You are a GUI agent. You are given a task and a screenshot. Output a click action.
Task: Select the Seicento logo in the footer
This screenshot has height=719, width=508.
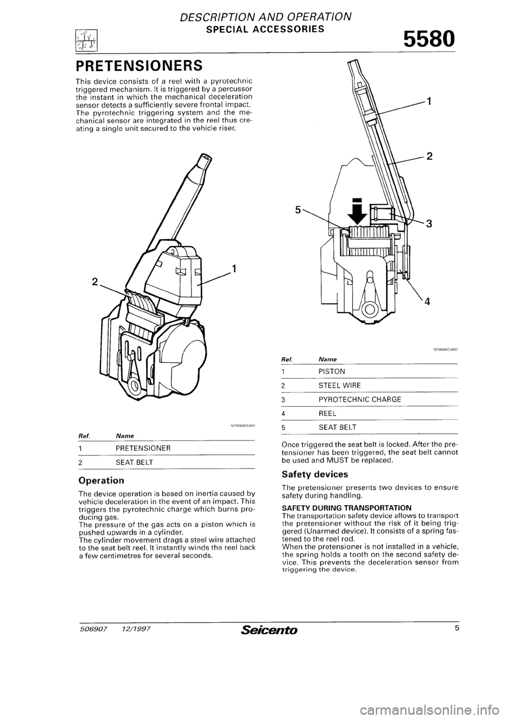(x=269, y=630)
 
